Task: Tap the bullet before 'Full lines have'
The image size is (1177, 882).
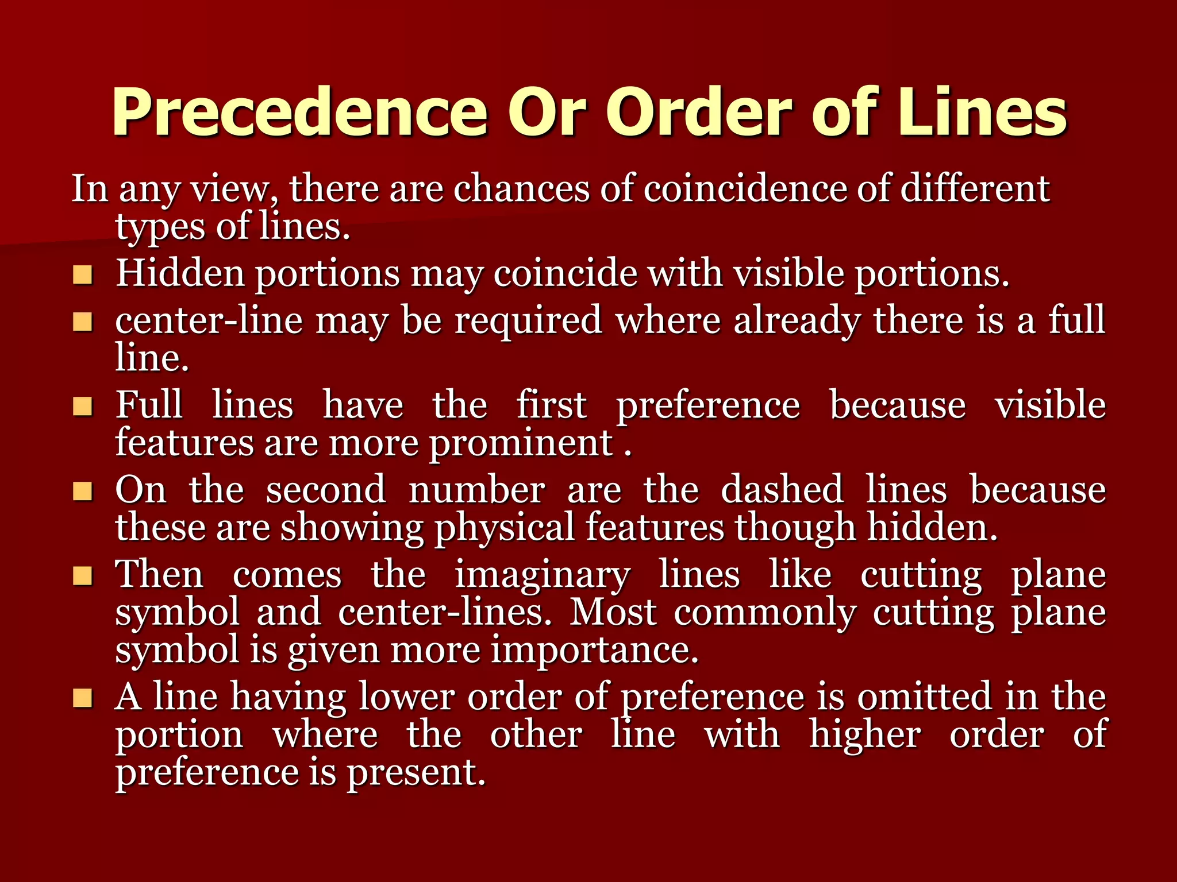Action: click(83, 407)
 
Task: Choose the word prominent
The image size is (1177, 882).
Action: click(521, 444)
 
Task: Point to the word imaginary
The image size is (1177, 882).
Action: click(543, 575)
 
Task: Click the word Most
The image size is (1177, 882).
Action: click(613, 612)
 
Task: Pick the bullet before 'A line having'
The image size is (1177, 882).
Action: click(83, 699)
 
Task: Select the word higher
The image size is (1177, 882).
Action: click(865, 735)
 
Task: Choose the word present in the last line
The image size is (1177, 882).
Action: click(416, 772)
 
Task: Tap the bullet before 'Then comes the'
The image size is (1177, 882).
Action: click(83, 576)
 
